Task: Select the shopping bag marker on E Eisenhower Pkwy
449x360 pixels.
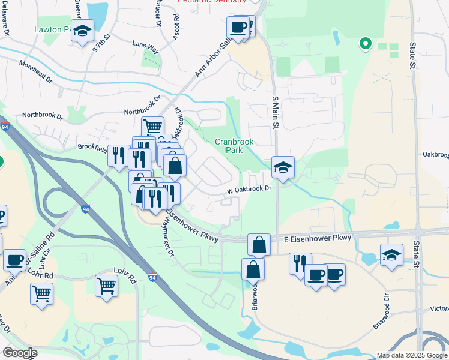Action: [x=258, y=245]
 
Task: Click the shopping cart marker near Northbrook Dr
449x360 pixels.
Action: [x=152, y=127]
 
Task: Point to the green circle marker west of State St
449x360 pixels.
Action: [x=364, y=43]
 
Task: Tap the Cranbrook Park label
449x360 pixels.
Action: [x=235, y=146]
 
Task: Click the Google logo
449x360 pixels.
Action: [x=19, y=353]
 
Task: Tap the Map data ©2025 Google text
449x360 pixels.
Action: [x=412, y=355]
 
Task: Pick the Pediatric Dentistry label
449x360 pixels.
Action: [x=212, y=2]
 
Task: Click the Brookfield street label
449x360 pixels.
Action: [x=92, y=146]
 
